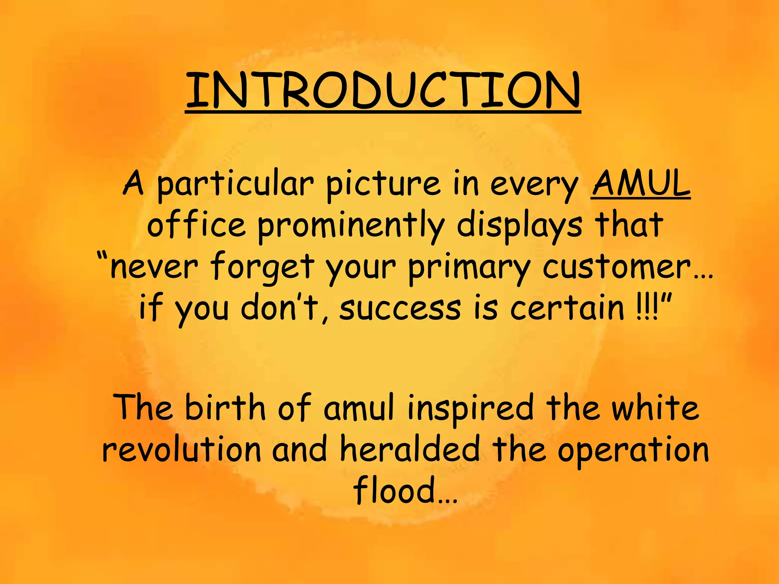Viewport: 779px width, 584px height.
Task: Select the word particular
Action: [x=235, y=184]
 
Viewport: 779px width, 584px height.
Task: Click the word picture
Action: [x=383, y=184]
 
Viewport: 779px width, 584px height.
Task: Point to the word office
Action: [x=196, y=225]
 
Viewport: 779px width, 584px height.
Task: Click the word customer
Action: [x=616, y=267]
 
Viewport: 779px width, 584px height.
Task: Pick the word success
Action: [x=400, y=308]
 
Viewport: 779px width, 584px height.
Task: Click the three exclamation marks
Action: [x=647, y=308]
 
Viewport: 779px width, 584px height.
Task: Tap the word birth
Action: [x=225, y=407]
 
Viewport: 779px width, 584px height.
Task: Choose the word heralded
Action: [x=409, y=449]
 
